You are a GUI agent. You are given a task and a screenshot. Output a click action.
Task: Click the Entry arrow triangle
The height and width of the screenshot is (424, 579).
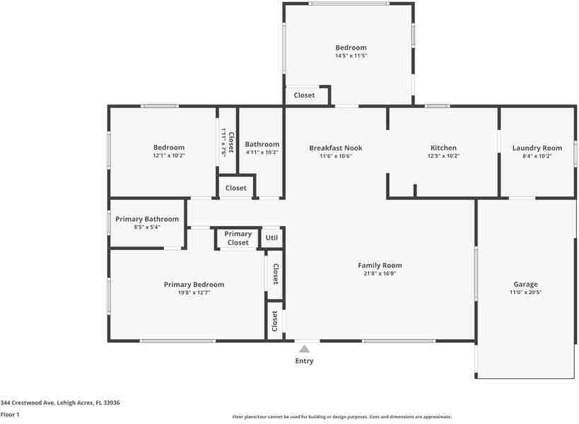coord(304,348)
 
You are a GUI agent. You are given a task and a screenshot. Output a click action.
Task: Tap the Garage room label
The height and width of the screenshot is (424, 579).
coord(525,284)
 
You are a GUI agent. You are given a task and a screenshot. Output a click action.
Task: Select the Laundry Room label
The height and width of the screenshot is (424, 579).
coord(537,148)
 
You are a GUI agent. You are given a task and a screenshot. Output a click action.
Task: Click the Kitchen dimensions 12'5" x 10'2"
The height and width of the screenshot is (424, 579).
coord(443,156)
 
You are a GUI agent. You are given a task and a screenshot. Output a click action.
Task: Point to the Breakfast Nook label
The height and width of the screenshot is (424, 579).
coord(336,148)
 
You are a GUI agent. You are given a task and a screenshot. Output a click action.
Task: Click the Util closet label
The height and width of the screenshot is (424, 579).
coord(271,238)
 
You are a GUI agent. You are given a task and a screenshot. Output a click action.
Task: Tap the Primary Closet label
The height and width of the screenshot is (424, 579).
coord(238,238)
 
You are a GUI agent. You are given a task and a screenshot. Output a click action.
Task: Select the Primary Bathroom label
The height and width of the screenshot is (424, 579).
coord(147,219)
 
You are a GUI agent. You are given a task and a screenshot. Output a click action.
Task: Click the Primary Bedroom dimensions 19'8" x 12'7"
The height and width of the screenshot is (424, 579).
coord(194,293)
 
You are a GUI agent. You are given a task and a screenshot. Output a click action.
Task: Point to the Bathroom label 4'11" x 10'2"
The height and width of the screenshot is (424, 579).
coord(262,152)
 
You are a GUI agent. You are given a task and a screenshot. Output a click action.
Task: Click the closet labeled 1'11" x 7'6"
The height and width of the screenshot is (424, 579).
coord(227,142)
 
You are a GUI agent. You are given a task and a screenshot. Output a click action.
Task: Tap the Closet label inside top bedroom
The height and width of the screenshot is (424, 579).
coord(305,95)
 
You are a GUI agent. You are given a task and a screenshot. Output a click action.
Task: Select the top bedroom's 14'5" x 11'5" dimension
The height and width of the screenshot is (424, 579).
coord(351,56)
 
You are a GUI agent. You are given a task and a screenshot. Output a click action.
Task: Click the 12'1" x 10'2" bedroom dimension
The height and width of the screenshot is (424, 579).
coord(168,155)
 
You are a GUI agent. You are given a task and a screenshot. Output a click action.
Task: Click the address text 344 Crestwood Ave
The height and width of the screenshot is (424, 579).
coord(60,403)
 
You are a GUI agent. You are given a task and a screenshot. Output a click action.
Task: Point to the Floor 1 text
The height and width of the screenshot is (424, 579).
coord(11,415)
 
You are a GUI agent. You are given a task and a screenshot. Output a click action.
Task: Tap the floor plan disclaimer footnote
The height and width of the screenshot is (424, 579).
coord(341,417)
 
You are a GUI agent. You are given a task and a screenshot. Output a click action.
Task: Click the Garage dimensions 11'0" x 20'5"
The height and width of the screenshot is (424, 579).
coord(525,293)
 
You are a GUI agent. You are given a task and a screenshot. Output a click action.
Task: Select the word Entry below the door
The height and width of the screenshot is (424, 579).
coord(304,361)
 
